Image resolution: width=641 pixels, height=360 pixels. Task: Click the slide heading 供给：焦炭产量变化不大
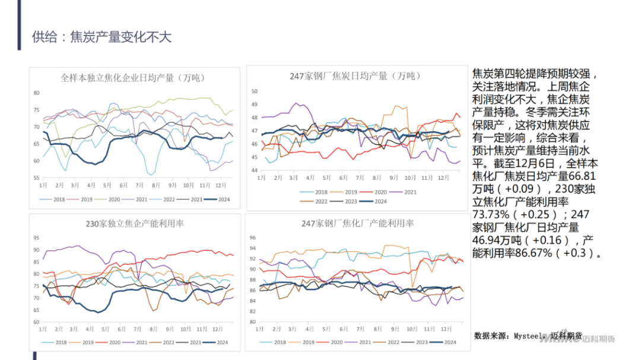101,37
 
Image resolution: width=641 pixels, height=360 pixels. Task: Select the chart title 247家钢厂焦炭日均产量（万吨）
354,76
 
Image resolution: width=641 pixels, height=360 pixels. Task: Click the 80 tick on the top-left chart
36,93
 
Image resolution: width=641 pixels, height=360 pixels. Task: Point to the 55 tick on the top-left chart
36,178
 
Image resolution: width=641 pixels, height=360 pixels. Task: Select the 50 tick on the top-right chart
254,91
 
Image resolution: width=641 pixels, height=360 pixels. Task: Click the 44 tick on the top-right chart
254,171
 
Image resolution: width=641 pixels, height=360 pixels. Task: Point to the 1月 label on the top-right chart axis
262,177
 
